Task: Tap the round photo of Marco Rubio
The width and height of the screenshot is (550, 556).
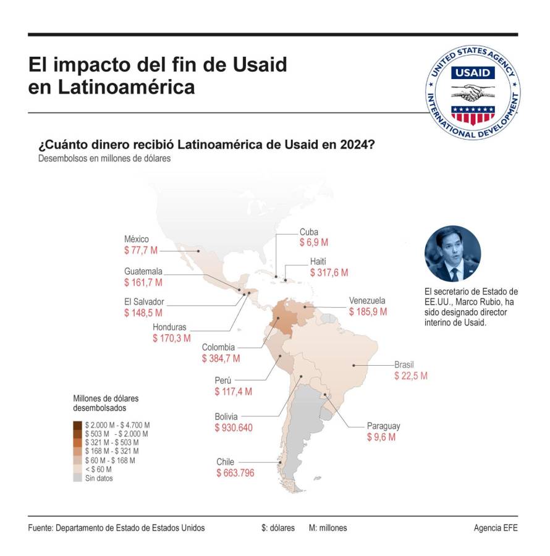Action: (452, 254)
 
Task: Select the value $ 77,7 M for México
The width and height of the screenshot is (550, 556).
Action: (141, 251)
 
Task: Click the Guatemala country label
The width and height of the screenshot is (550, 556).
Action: (143, 271)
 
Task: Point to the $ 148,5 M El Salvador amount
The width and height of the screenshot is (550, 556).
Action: (143, 313)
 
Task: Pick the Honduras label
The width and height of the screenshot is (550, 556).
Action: (170, 327)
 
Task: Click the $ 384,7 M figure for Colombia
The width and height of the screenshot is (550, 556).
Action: (221, 358)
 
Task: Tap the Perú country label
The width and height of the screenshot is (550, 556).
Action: (223, 381)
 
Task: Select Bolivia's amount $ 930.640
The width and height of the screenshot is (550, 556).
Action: (234, 428)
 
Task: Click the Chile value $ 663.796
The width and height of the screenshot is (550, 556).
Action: (235, 473)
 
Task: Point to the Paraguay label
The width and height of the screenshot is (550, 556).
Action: (383, 426)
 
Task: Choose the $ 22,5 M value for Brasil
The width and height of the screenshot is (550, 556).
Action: (411, 375)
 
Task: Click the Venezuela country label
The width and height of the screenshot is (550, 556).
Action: (367, 301)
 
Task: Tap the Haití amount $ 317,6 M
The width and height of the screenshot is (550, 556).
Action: (329, 272)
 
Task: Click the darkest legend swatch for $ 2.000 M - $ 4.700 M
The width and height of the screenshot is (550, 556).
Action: (77, 425)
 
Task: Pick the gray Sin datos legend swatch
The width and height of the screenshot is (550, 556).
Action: (77, 478)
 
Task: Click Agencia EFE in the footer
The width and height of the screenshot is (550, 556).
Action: (496, 528)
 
